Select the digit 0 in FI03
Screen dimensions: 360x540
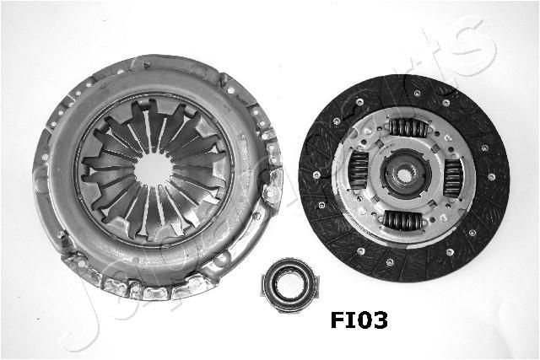[361, 320]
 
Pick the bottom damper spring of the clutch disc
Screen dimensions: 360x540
[403, 222]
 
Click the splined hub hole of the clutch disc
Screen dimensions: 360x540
[406, 175]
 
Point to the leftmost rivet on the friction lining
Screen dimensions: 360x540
[316, 175]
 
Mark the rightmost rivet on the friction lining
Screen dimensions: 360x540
[494, 175]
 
